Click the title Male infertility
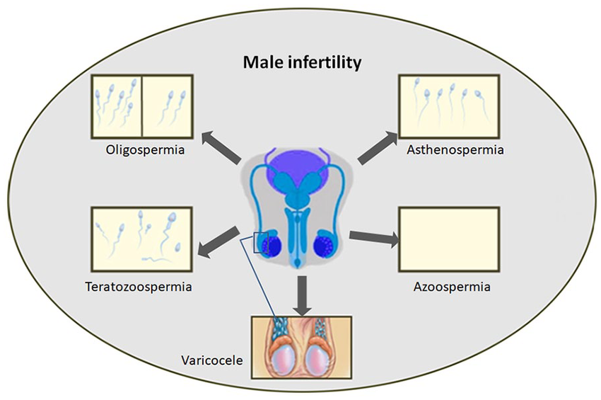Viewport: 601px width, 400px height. point(303,63)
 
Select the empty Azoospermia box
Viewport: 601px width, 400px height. point(450,239)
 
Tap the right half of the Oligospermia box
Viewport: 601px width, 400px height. point(168,105)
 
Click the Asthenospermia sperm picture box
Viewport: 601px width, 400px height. point(449,105)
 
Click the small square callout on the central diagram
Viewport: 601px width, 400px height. point(261,242)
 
